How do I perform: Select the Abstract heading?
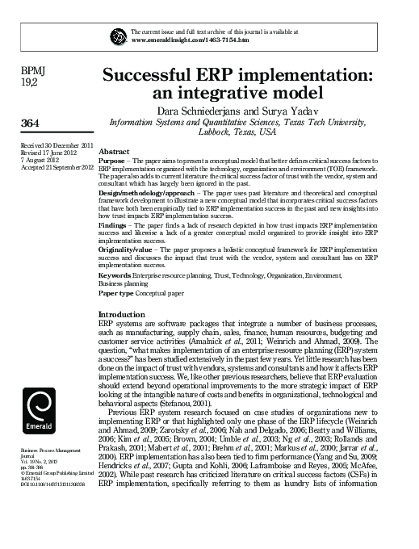pos(114,152)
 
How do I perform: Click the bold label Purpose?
pos(111,161)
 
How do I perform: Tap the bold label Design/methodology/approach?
pos(143,195)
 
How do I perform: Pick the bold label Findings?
pos(113,228)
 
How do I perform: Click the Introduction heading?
pos(121,313)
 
